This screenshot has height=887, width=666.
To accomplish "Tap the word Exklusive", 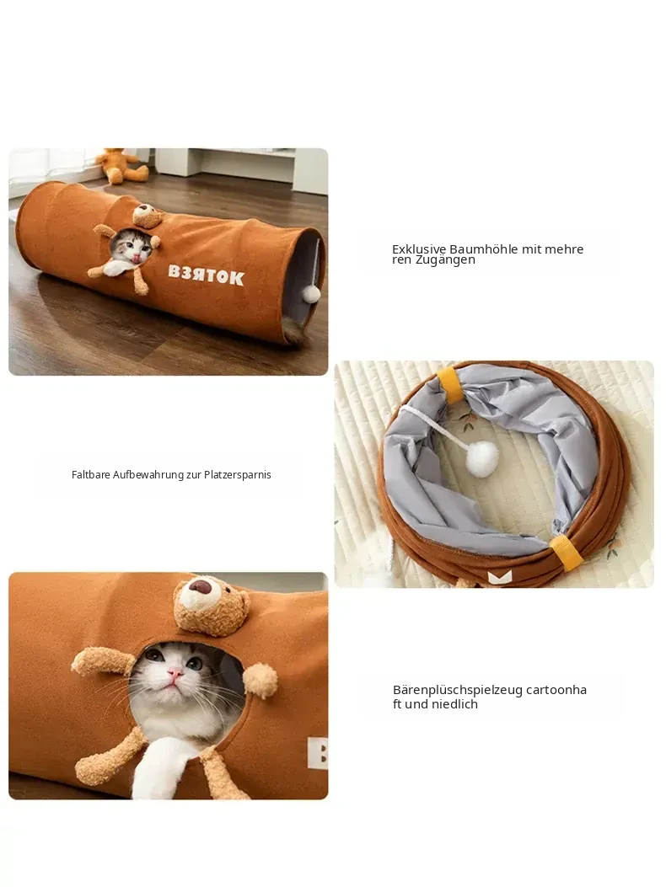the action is pos(419,249).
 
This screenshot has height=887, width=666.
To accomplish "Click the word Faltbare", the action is pos(90,474).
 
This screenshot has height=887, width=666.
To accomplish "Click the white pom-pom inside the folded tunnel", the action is pos(482,459).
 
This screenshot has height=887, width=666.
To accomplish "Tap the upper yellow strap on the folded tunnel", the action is pos(450,385).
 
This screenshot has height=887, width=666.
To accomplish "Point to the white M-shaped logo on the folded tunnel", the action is pos(499,577).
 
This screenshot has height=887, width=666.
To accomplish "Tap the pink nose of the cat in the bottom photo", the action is pos(175,672).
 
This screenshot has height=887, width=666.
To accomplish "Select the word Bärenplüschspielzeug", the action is pos(458,690).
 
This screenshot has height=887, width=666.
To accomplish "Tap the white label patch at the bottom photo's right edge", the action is pos(318,752).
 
